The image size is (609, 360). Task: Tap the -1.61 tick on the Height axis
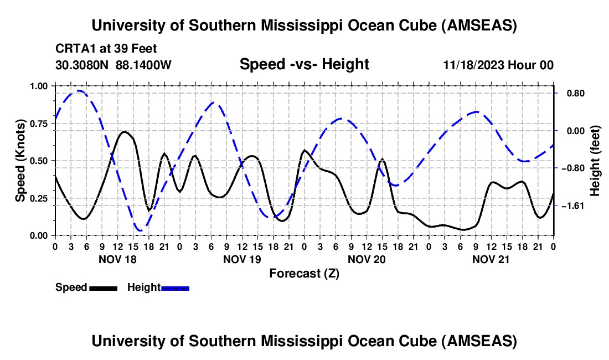573,206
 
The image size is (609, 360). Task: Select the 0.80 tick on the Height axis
576,94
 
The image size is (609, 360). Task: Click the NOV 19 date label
242,259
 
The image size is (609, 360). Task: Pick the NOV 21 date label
491,259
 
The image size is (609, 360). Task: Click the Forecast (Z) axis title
304,274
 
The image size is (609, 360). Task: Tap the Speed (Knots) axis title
20,161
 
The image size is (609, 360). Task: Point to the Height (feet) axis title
595,161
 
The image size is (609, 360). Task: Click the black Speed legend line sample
104,288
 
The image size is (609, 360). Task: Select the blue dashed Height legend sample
175,288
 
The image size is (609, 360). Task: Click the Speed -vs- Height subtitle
304,64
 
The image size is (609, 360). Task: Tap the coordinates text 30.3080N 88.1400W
113,65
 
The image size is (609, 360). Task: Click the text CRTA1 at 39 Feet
106,49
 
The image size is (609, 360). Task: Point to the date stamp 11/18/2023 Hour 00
499,65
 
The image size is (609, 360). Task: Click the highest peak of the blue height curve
79,91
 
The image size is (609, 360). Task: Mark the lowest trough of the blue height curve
140,230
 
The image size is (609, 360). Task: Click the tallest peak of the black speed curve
124,132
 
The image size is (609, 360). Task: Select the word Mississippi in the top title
302,26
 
